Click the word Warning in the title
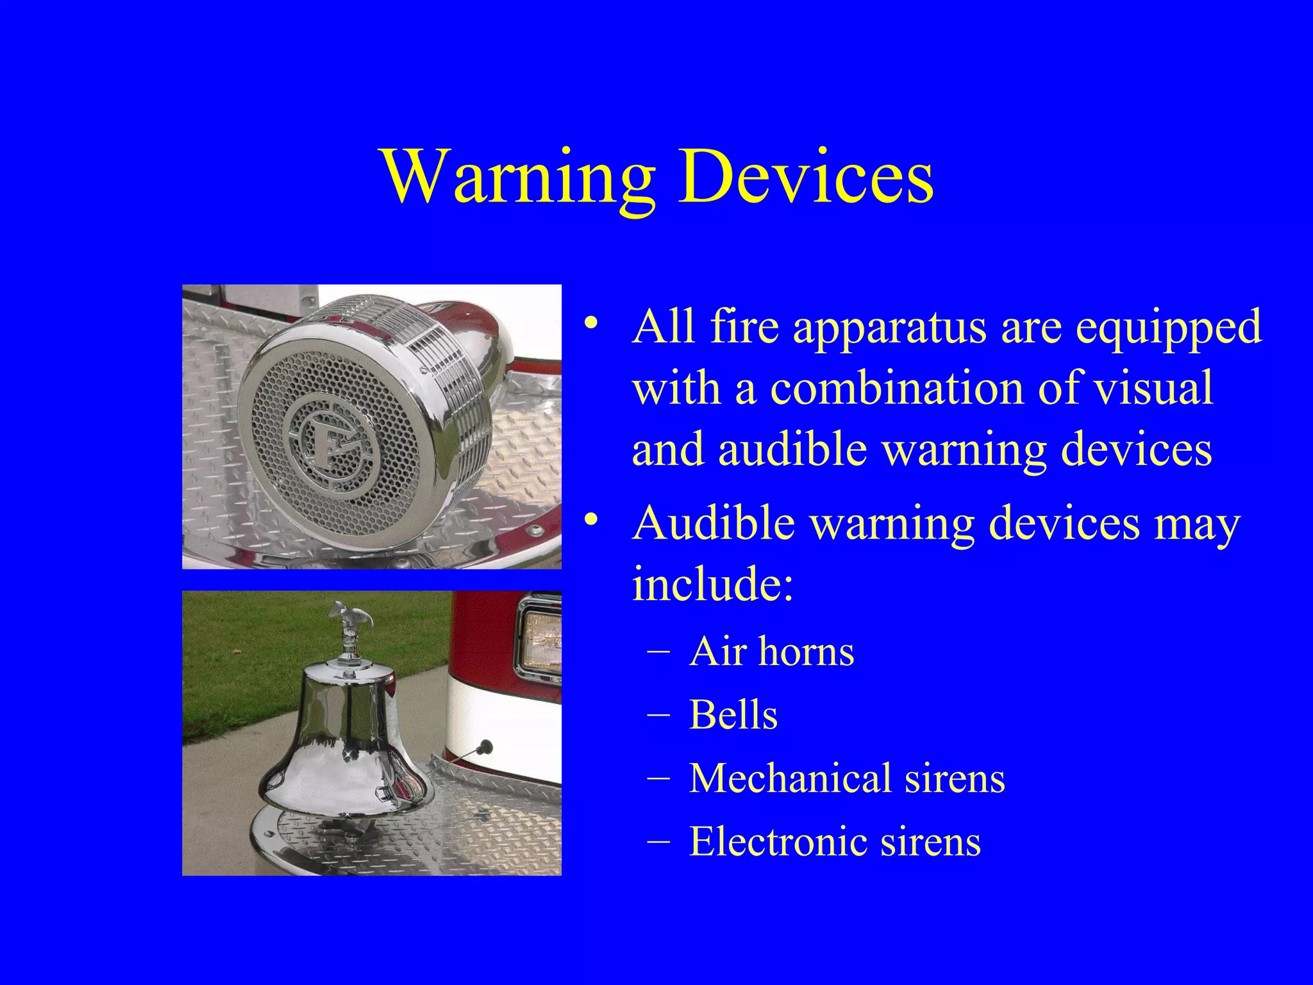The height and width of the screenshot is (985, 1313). pyautogui.click(x=519, y=176)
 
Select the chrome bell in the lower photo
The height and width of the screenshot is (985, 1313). pyautogui.click(x=346, y=737)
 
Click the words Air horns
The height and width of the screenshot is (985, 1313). pyautogui.click(x=771, y=652)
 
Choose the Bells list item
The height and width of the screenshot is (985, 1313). pyautogui.click(x=733, y=715)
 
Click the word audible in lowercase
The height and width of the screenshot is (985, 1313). pyautogui.click(x=794, y=449)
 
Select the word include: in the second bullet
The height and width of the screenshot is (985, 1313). pyautogui.click(x=713, y=582)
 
